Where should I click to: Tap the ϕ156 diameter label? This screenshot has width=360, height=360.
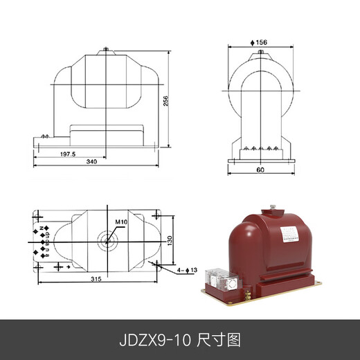(260, 42)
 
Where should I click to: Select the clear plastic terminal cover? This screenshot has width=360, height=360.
(221, 277)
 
